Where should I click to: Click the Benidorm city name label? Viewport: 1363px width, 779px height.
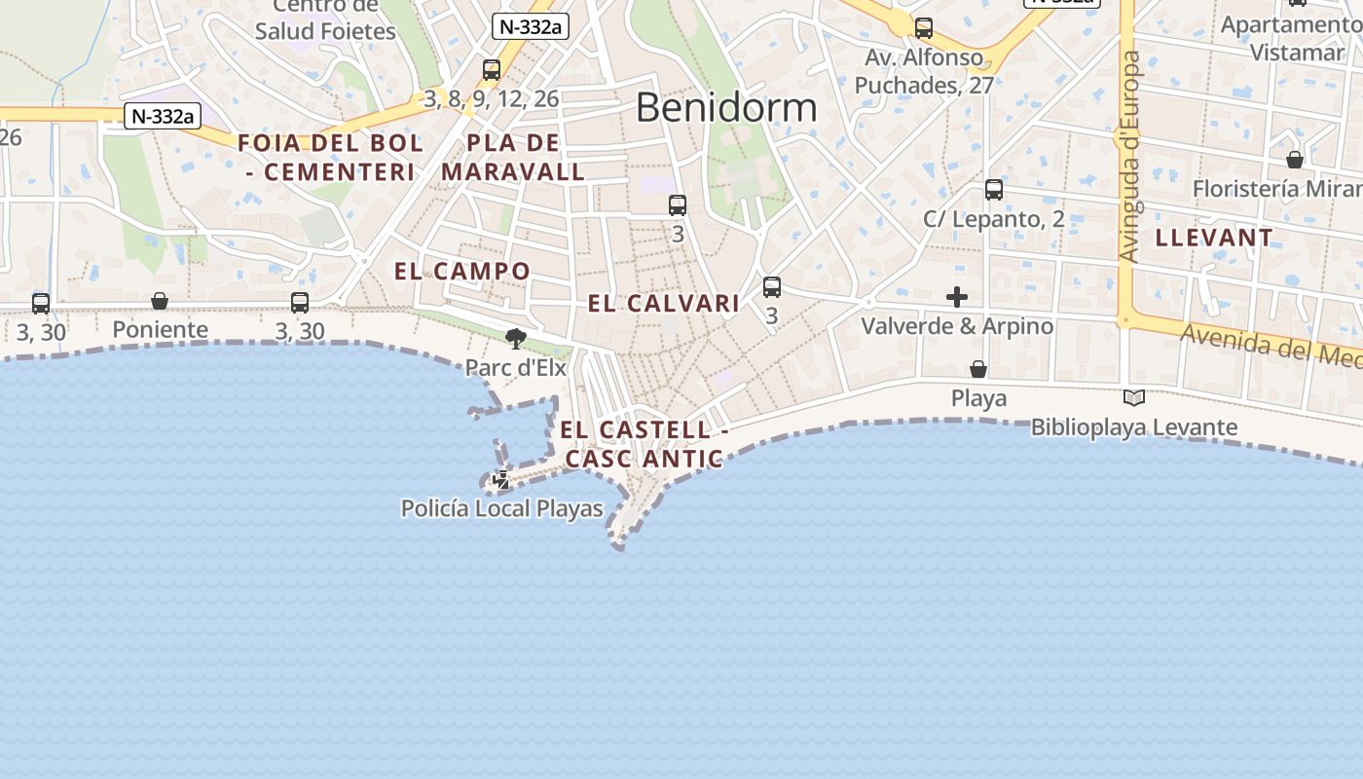(725, 107)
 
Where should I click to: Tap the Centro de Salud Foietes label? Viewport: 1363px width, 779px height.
(325, 20)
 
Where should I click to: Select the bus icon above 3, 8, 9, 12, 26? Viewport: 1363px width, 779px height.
(492, 70)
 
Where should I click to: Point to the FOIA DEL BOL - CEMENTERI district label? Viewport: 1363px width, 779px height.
(331, 157)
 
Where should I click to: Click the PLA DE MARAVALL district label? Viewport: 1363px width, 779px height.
(513, 157)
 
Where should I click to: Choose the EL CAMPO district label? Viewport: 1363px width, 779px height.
(462, 271)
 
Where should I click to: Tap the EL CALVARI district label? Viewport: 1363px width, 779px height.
(664, 303)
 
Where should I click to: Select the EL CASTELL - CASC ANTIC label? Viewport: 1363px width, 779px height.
(645, 443)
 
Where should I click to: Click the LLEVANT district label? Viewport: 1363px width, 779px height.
(1214, 238)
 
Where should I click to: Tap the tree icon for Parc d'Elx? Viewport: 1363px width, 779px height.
(516, 339)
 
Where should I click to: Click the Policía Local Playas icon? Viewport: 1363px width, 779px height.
(501, 479)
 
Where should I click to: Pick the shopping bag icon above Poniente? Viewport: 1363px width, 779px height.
(160, 301)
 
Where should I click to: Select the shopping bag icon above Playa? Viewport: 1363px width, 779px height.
(978, 369)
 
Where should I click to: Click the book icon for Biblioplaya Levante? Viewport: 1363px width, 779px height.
(1133, 397)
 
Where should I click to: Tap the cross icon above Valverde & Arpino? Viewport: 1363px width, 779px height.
(957, 297)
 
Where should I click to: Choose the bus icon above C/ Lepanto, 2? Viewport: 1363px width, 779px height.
(993, 190)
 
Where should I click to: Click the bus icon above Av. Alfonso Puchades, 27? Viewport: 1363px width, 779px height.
(924, 28)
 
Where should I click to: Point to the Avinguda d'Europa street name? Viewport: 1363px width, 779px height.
(1129, 156)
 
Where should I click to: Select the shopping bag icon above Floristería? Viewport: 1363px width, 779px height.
(1295, 159)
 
